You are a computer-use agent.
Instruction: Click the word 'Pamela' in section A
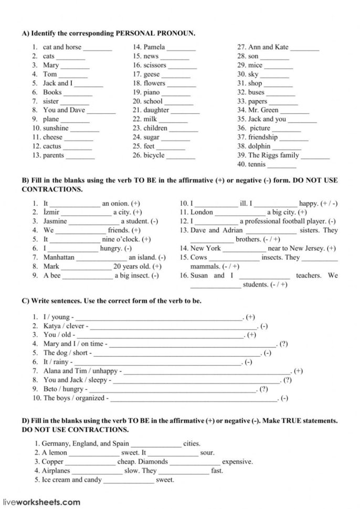pyautogui.click(x=154, y=47)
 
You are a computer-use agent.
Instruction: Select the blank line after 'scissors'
pyautogui.click(x=183, y=66)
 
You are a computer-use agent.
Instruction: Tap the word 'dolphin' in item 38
pyautogui.click(x=259, y=146)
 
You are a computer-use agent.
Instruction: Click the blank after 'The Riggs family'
pyautogui.click(x=315, y=156)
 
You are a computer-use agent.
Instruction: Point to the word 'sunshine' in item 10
pyautogui.click(x=56, y=128)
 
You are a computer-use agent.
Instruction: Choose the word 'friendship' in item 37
pyautogui.click(x=263, y=137)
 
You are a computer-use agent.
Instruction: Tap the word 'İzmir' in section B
pyautogui.click(x=51, y=212)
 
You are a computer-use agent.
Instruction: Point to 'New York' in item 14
pyautogui.click(x=205, y=248)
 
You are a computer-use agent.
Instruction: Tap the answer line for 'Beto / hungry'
pyautogui.click(x=171, y=390)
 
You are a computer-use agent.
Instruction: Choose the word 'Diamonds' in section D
pyautogui.click(x=154, y=462)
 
